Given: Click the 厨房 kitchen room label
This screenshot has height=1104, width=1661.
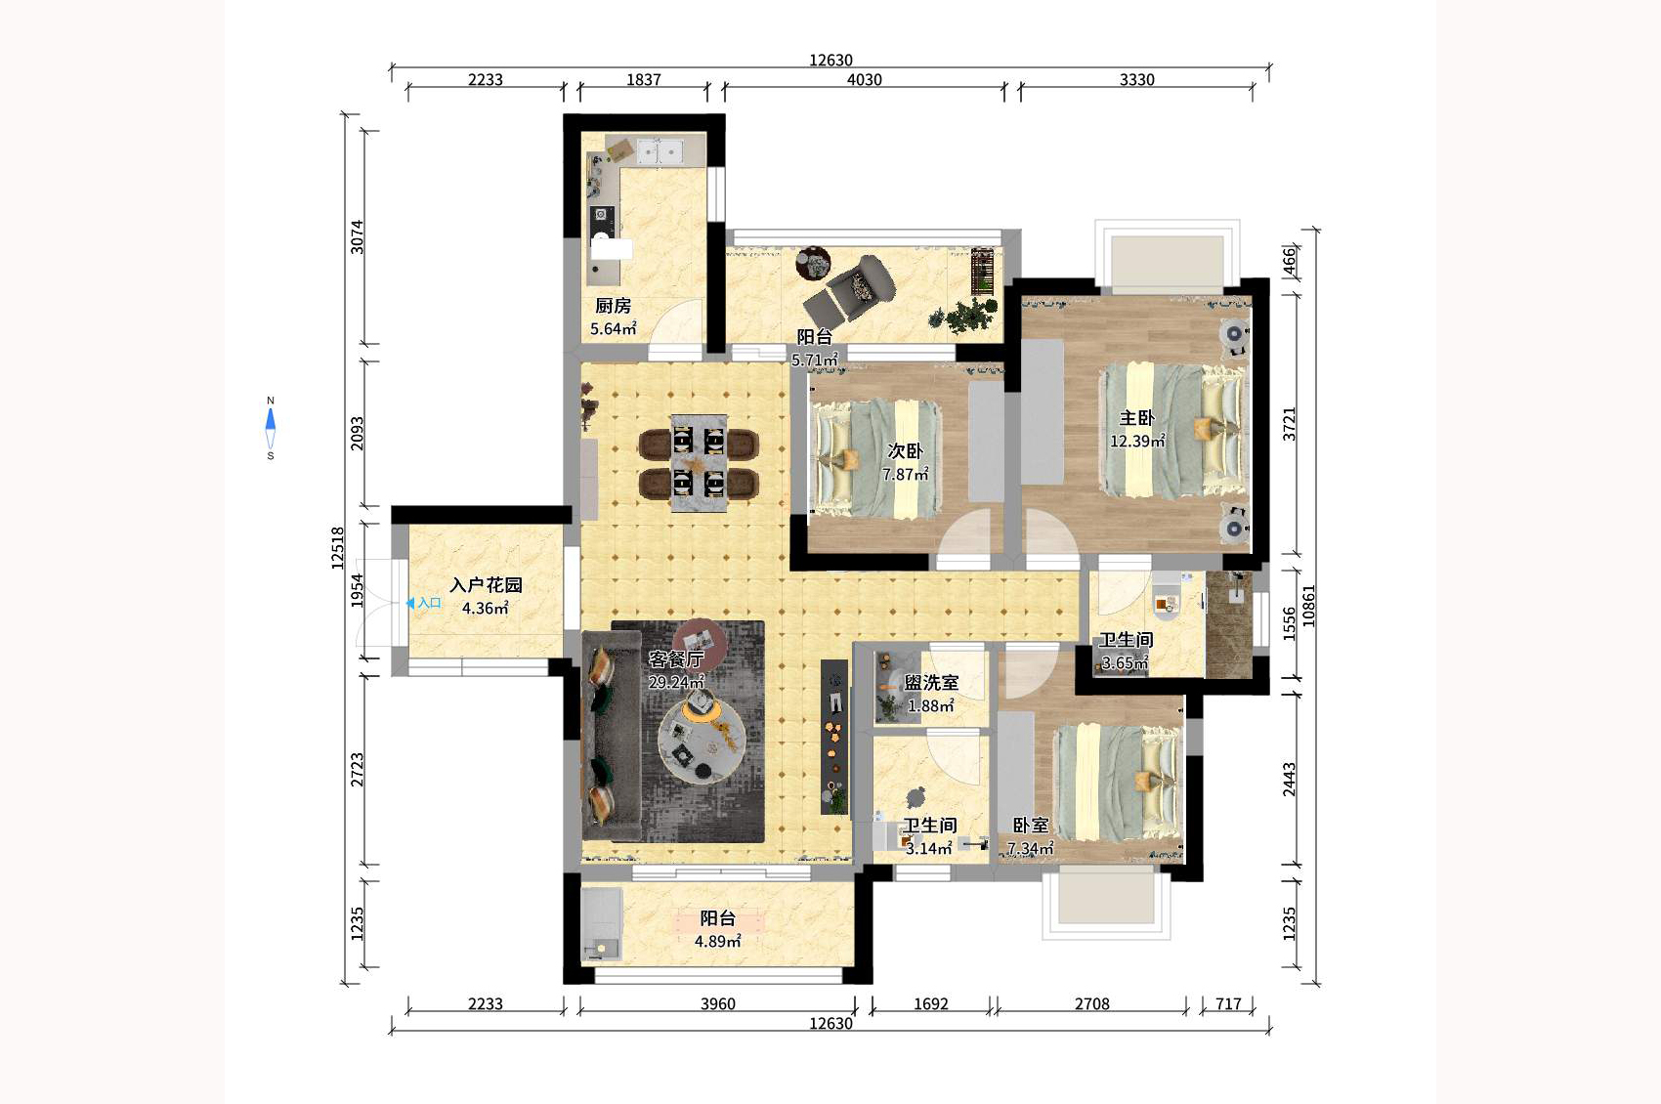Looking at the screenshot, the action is [613, 306].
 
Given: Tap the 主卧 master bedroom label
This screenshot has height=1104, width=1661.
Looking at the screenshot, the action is [1136, 418].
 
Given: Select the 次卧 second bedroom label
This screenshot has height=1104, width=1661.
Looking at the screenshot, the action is [906, 450].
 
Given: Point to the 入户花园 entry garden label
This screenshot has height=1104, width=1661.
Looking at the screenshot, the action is [486, 585].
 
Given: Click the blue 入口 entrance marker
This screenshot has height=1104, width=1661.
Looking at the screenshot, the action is [424, 603].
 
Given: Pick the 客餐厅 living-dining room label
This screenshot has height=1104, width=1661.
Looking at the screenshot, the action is [675, 658].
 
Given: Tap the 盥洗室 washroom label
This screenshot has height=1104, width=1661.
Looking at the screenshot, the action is [931, 682].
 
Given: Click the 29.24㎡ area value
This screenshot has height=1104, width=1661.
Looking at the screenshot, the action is [676, 682].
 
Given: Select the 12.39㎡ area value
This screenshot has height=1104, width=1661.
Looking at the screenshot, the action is [1136, 442].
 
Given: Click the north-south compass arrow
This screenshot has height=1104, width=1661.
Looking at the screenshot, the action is [271, 429].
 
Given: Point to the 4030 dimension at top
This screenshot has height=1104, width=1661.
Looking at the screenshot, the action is [865, 79].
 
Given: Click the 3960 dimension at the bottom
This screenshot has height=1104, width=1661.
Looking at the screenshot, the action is [718, 1004].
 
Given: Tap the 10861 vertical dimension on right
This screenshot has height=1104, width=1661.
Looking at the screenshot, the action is [1309, 606].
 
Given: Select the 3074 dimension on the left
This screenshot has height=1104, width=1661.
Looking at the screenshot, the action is [358, 236].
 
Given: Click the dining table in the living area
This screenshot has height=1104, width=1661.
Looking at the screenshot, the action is [699, 463].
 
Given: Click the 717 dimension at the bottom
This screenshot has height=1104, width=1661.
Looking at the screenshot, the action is [1228, 1004].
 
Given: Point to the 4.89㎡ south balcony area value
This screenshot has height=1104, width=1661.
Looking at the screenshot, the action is [718, 942].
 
